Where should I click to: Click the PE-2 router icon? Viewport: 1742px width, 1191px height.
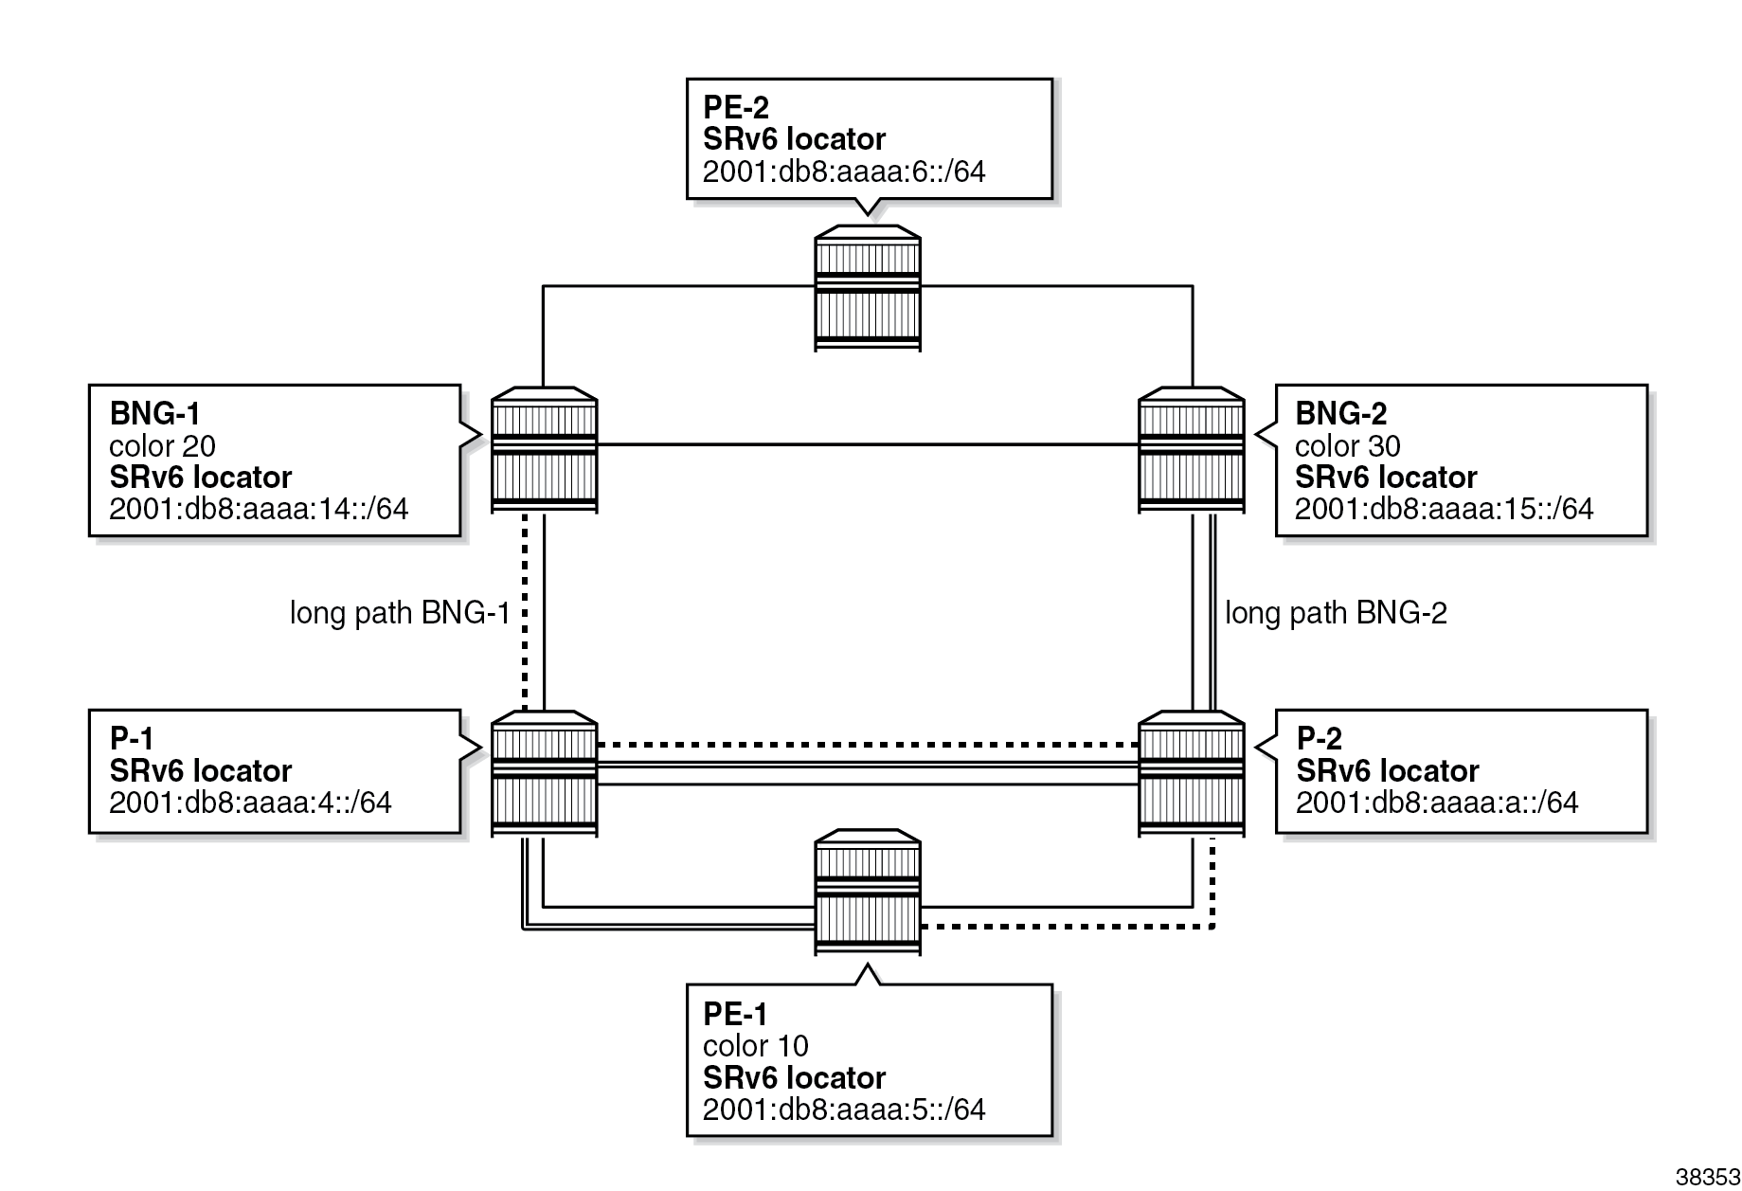(867, 288)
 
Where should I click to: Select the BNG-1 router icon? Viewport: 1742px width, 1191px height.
(544, 449)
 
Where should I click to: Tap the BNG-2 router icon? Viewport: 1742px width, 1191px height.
(1191, 449)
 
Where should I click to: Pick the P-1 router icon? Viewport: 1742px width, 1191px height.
(544, 773)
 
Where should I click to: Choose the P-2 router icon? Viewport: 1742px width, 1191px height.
(1191, 773)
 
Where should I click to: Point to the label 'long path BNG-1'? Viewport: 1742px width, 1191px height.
(400, 613)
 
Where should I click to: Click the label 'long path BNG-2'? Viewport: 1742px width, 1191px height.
(1336, 613)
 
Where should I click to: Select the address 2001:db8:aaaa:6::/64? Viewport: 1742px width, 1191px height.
(844, 171)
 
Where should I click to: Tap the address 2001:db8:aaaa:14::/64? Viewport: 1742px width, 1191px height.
(259, 509)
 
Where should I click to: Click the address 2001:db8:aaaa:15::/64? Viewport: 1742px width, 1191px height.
(1444, 509)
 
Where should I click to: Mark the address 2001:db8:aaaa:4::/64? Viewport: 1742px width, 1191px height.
(250, 803)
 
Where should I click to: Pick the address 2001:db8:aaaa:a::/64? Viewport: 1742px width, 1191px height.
(1437, 803)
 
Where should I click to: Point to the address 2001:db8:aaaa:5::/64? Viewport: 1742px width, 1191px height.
(844, 1109)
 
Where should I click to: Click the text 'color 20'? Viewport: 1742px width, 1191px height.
(162, 445)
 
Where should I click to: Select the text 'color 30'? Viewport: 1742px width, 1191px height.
(1347, 445)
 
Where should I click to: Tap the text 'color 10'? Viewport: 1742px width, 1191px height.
(755, 1045)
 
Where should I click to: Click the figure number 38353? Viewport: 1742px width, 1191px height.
(1707, 1177)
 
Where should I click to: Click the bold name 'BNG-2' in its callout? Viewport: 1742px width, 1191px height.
(1340, 413)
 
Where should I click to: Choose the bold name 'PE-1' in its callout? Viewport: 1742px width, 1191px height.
(735, 1014)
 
